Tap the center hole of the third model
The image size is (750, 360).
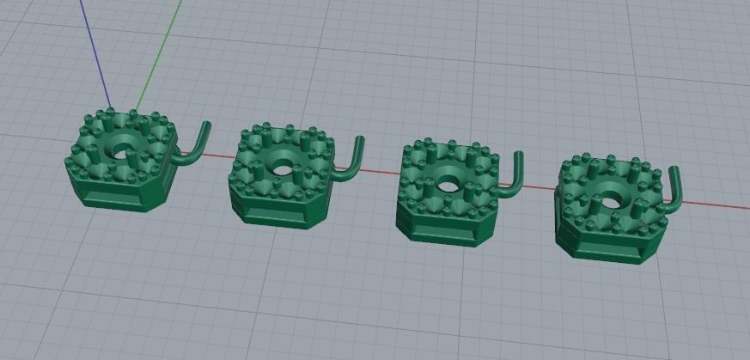pyautogui.click(x=446, y=184)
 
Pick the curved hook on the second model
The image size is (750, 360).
pyautogui.click(x=351, y=161)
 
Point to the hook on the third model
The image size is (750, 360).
pyautogui.click(x=515, y=175)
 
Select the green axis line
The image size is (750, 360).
pyautogui.click(x=163, y=52)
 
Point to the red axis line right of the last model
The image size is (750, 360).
pyautogui.click(x=713, y=204)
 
